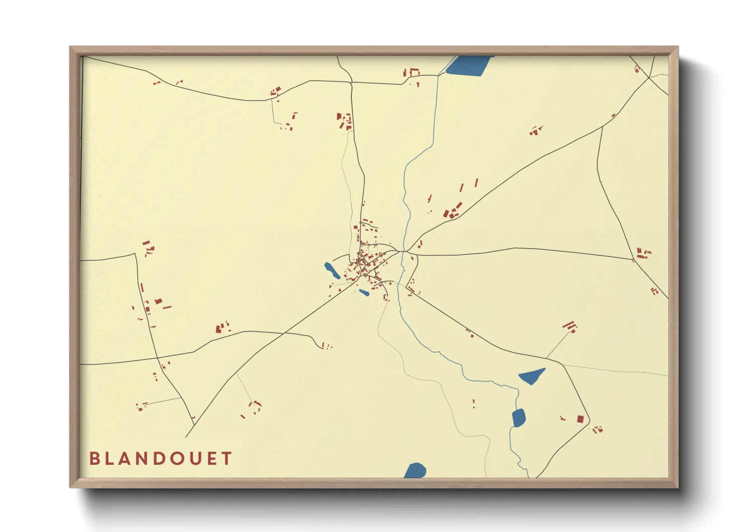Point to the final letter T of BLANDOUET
[x=227, y=459]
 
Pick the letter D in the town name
[x=161, y=459]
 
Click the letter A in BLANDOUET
[x=125, y=459]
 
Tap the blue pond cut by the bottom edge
[x=415, y=471]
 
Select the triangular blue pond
[x=531, y=376]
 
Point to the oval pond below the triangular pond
[x=518, y=418]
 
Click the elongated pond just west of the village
[x=331, y=271]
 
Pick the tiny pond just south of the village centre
[x=364, y=292]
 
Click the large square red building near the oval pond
[x=580, y=418]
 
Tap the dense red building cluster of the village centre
[x=366, y=263]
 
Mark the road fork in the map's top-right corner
[x=649, y=77]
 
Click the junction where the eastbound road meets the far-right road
[x=633, y=259]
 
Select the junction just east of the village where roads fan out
[x=405, y=250]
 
